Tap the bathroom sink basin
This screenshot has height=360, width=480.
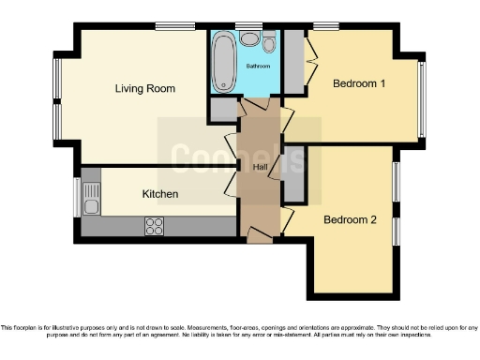(250, 39)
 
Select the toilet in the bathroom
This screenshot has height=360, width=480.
(270, 43)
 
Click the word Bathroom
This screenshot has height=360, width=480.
(258, 67)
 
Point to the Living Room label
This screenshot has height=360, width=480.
(144, 89)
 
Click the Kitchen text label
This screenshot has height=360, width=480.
(159, 194)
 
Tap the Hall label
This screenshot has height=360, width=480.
(261, 167)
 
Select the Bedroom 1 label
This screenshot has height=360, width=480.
(360, 84)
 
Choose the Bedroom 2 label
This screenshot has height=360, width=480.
(350, 220)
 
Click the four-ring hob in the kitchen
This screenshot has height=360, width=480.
(154, 225)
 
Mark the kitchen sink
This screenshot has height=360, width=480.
(91, 198)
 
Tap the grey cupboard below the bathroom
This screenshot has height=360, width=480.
(224, 109)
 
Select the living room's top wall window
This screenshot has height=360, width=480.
(169, 25)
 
